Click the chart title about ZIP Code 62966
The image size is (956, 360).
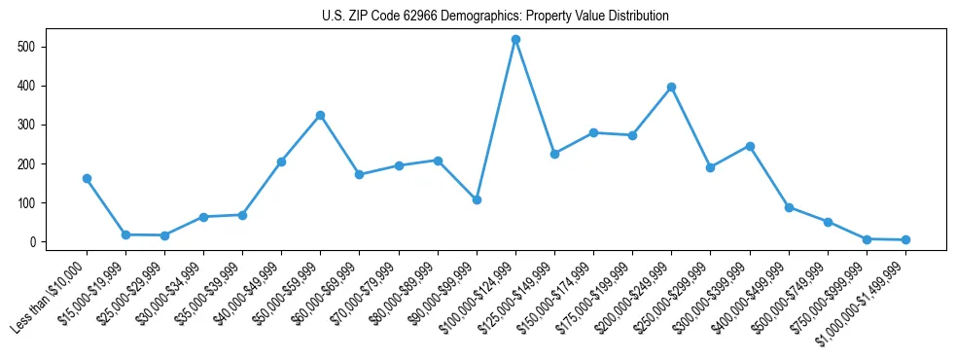(x=495, y=16)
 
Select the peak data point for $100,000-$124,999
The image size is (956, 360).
(x=515, y=39)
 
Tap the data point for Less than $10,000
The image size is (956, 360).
(x=87, y=178)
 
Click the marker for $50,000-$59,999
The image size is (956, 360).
(x=320, y=115)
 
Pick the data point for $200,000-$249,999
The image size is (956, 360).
(x=671, y=87)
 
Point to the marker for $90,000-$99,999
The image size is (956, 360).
(x=477, y=199)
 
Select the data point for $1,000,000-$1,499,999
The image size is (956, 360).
(x=905, y=239)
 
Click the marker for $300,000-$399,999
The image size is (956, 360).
(x=750, y=146)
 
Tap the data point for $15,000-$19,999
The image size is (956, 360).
(x=125, y=234)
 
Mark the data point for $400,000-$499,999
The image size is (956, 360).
(x=789, y=207)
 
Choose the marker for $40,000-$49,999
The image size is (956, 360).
(x=281, y=162)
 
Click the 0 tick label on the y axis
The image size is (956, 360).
(x=45, y=241)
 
